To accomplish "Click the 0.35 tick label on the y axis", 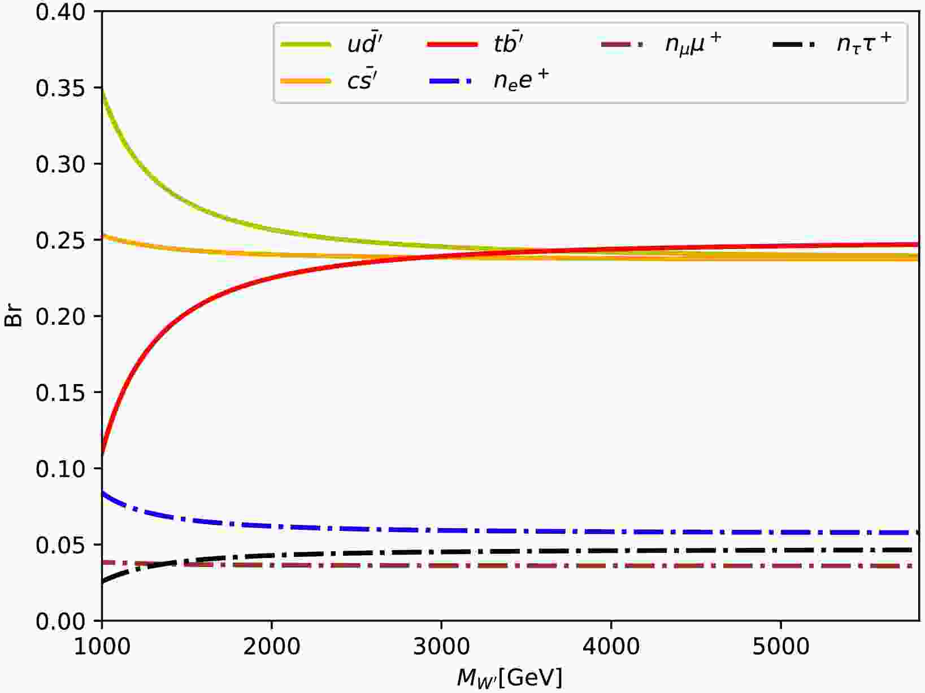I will pos(60,88).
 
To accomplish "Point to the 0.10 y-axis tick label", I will pos(60,469).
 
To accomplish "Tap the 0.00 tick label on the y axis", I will pos(60,621).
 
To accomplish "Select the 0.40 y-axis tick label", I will pos(60,12).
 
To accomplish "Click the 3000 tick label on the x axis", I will pos(441,646).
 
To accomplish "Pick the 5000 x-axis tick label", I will pos(780,646).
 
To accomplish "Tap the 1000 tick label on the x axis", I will pos(102,646).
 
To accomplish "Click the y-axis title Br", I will pos(14,316).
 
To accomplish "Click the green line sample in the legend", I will pos(306,45).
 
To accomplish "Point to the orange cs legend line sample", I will pos(306,81).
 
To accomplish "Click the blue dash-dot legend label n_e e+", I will pos(521,80).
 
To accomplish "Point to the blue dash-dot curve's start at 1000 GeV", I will pos(102,493).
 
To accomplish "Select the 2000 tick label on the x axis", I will pos(272,646).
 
